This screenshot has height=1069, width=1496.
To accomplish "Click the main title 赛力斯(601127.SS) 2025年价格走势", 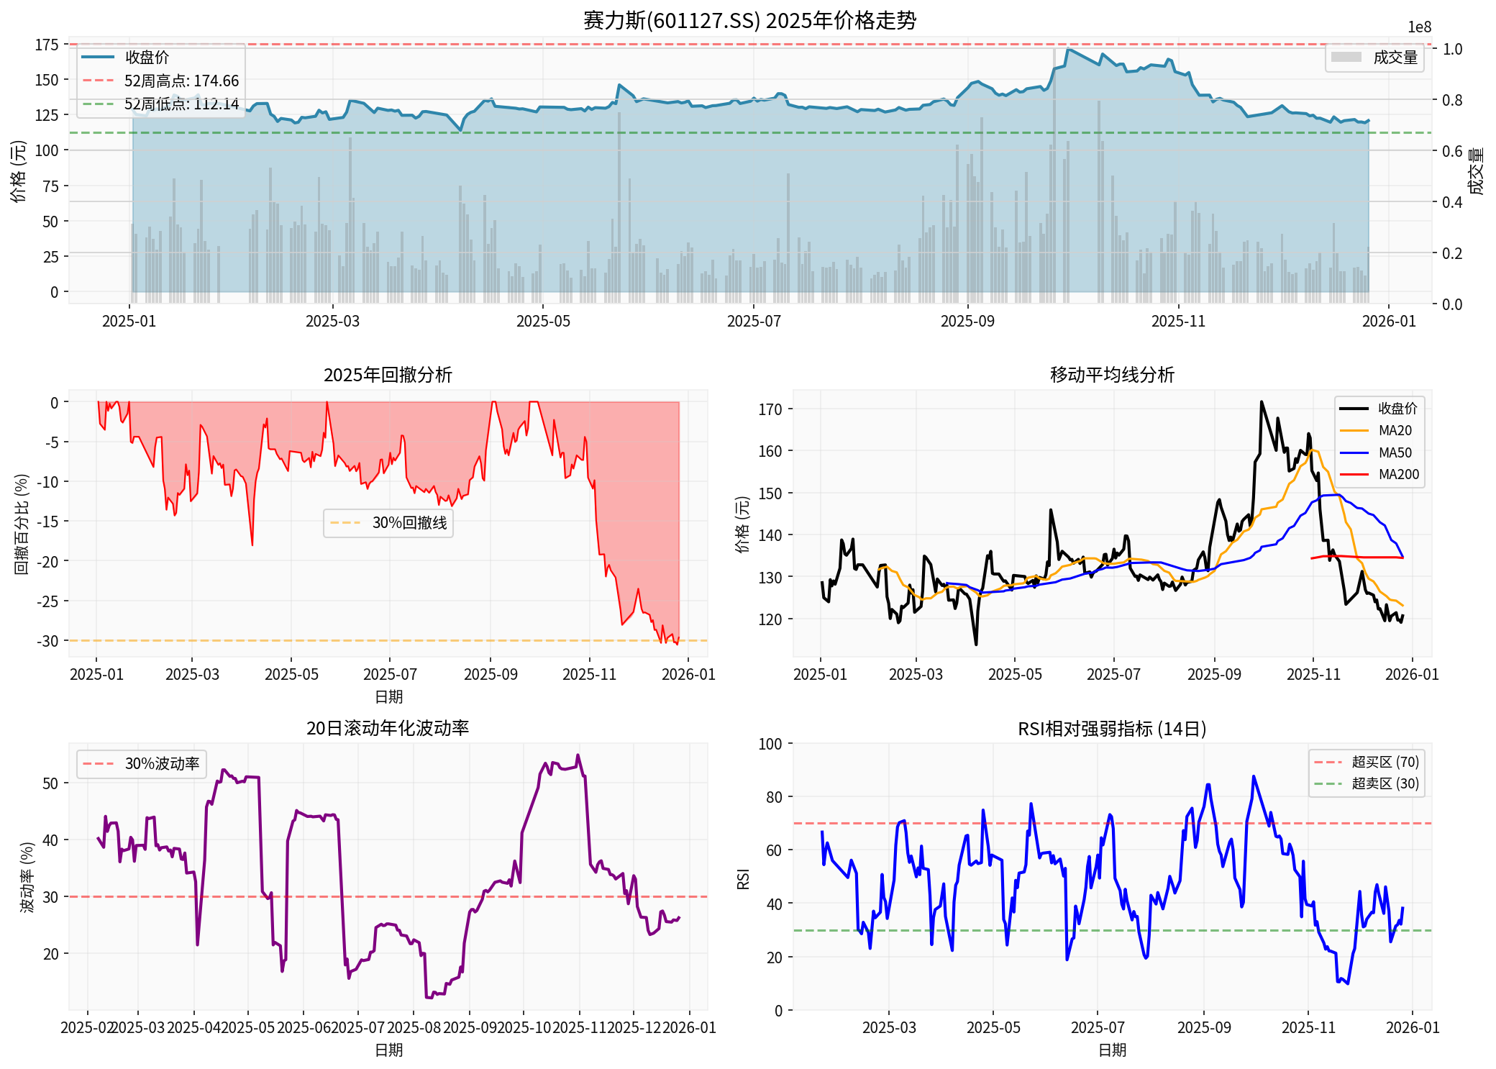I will [x=749, y=19].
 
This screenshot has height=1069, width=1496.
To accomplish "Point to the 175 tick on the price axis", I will [x=47, y=45].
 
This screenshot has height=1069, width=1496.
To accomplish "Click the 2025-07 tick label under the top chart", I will [x=753, y=321].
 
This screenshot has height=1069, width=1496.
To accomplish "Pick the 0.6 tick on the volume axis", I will [x=1451, y=151].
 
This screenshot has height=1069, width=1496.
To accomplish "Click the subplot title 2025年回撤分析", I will [x=388, y=375].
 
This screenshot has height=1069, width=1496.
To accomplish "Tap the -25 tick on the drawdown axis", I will [x=48, y=601].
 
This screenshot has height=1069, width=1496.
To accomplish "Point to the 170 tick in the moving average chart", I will [x=770, y=409].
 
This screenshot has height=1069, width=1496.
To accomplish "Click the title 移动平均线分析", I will [x=1112, y=375].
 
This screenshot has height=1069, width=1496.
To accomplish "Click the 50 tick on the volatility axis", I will [x=50, y=783].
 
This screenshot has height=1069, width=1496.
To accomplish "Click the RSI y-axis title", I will [x=744, y=878].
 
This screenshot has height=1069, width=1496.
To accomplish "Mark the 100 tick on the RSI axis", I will [x=770, y=744].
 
